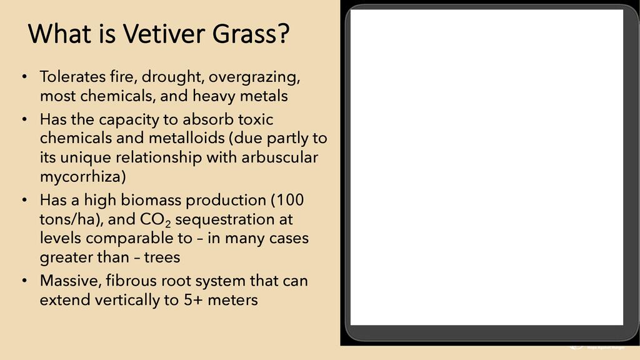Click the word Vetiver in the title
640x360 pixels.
click(164, 34)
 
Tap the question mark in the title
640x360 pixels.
click(283, 33)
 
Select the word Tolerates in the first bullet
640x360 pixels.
click(72, 77)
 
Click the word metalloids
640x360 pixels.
click(186, 138)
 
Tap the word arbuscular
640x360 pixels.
click(279, 157)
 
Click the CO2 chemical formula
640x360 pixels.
click(156, 220)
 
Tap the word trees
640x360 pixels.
click(162, 257)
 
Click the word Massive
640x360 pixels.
click(71, 281)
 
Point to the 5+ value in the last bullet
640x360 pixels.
click(193, 300)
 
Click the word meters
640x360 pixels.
click(232, 300)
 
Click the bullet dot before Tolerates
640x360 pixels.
click(25, 76)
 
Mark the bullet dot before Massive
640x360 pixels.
click(25, 281)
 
